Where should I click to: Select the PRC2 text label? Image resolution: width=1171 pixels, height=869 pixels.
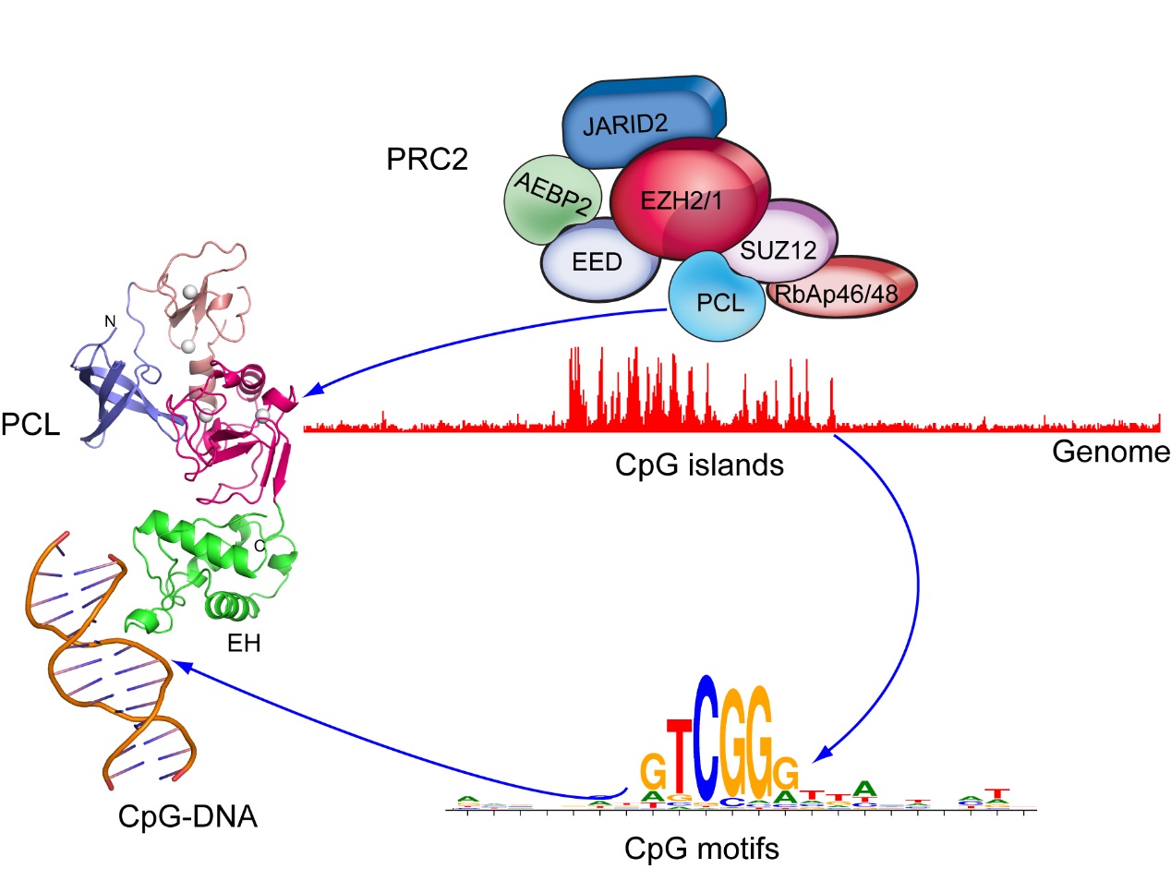point(427,161)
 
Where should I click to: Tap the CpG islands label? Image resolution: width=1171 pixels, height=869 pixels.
point(699,464)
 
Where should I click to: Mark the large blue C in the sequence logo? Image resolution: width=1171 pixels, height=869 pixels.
point(706,738)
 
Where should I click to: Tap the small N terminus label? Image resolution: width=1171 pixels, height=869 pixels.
point(110,320)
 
